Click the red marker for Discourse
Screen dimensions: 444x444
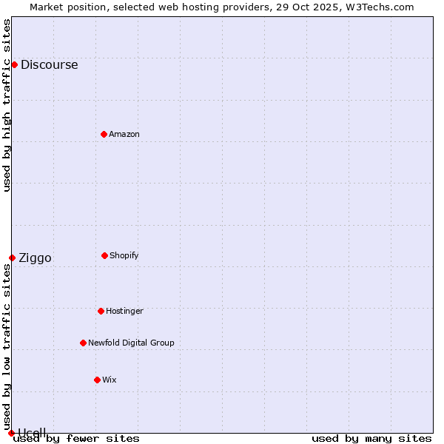(14, 64)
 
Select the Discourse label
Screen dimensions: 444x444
(49, 64)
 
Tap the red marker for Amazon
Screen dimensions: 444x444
(104, 134)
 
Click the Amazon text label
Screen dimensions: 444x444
(124, 134)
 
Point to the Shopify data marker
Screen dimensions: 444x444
(104, 255)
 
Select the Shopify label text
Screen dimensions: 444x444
(124, 255)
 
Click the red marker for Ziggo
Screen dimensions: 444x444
(12, 258)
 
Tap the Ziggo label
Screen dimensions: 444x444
(35, 258)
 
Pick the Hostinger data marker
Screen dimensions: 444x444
(101, 311)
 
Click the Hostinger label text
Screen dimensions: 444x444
(124, 311)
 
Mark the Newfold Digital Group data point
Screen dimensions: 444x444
(83, 343)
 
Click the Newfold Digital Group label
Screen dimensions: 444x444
(131, 343)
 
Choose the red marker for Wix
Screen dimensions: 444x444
(97, 380)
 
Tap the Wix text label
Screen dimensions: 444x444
(109, 380)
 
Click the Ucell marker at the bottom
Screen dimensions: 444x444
(11, 433)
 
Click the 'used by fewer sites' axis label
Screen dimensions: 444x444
(76, 438)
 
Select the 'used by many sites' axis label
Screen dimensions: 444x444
(371, 438)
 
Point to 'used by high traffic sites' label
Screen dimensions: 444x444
(7, 105)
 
